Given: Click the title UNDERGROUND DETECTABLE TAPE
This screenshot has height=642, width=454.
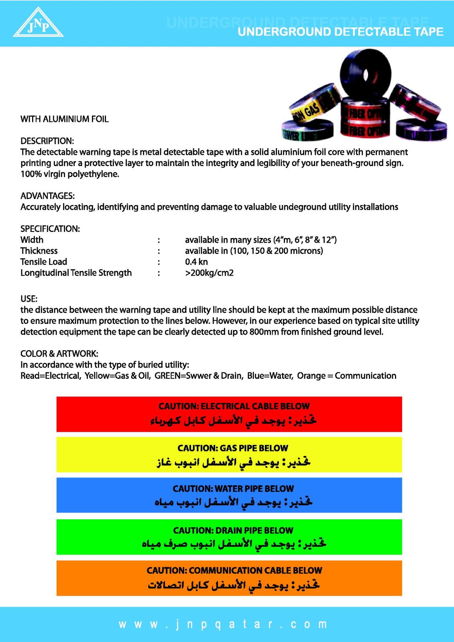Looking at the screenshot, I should [340, 32].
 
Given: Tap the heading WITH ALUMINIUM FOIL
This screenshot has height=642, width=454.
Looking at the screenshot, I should [65, 119].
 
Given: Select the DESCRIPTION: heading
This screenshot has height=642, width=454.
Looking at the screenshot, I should [47, 141].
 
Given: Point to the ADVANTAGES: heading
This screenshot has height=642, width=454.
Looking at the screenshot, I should [47, 196].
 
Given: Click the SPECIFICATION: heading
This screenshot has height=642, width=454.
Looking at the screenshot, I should [50, 229].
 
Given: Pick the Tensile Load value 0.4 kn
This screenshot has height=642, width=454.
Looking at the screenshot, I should [196, 262].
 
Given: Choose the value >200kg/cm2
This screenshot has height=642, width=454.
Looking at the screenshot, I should [209, 273].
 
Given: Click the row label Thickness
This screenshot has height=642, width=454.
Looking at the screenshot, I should [39, 251].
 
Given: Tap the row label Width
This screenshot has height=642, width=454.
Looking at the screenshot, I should [32, 240].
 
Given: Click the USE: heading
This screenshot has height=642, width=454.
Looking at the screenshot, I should [29, 299].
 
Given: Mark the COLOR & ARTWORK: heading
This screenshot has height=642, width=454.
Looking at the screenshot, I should [59, 354].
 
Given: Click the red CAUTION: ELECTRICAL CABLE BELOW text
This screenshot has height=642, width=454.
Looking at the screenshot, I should [234, 406].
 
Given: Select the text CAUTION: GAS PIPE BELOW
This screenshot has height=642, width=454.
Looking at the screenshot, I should [233, 448].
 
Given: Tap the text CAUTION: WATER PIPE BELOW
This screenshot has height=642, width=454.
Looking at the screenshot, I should [233, 488].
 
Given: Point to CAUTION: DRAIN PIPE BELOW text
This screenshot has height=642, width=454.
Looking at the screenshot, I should [233, 530].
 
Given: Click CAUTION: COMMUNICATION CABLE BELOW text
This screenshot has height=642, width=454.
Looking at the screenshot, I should [234, 570].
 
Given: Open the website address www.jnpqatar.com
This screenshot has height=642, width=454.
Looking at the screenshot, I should [223, 624].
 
